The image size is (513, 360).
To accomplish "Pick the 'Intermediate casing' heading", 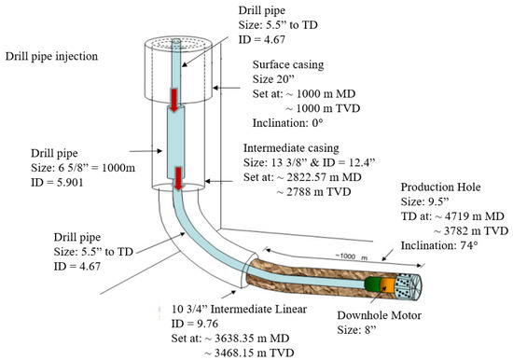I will (x=292, y=147).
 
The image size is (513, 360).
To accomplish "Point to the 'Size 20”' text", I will (x=277, y=80).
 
